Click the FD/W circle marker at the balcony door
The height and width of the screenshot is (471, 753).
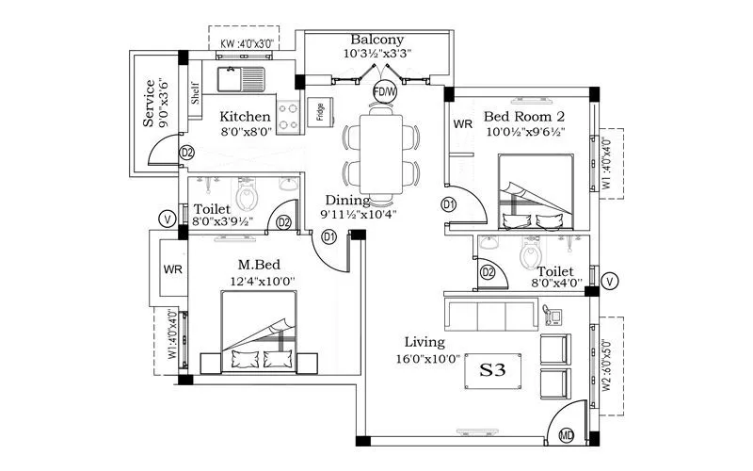coord(384,91)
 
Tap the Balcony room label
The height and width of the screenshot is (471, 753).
coord(376,40)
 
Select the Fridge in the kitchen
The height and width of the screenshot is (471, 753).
coord(321,114)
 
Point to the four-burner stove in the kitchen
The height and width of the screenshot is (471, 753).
coord(289,115)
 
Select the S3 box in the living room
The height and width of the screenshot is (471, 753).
coord(493,371)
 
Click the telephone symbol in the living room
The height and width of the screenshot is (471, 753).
coord(553,312)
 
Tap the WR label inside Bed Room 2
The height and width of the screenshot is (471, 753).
coord(463,124)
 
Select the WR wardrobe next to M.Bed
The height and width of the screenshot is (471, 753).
coord(172,269)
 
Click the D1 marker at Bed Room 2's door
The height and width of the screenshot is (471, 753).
coord(449,204)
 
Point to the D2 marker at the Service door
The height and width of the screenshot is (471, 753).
coord(186,153)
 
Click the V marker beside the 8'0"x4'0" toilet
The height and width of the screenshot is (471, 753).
coord(610,281)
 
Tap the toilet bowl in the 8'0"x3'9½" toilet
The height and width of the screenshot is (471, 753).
coord(247,197)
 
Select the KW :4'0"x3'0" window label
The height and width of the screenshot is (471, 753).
coord(246,43)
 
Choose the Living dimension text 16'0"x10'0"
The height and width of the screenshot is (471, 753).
coord(429,359)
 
